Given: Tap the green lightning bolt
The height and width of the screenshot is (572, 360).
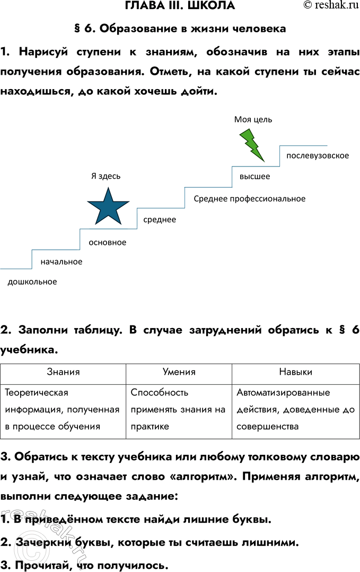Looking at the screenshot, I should pyautogui.click(x=252, y=144).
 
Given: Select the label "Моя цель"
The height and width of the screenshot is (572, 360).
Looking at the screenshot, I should pyautogui.click(x=253, y=119).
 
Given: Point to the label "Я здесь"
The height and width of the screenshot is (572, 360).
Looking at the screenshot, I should pyautogui.click(x=106, y=177).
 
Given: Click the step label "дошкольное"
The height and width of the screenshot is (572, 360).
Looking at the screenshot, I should pyautogui.click(x=32, y=281).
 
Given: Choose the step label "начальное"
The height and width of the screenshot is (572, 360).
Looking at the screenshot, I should pyautogui.click(x=62, y=261).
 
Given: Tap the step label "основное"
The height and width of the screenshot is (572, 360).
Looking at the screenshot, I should pyautogui.click(x=108, y=242).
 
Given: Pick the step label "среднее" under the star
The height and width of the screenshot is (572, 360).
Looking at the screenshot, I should pyautogui.click(x=160, y=219).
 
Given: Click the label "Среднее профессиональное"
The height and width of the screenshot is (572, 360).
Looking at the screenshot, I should pyautogui.click(x=250, y=198).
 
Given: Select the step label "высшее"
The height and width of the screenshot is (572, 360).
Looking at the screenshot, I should pyautogui.click(x=255, y=177).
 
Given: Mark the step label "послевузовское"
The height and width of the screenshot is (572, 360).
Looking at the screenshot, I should pyautogui.click(x=318, y=155).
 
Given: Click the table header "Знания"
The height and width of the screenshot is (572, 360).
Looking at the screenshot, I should pyautogui.click(x=63, y=372).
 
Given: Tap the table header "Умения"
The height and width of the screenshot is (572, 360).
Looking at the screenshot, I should pyautogui.click(x=179, y=372).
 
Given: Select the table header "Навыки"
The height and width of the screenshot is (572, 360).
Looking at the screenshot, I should pyautogui.click(x=296, y=372).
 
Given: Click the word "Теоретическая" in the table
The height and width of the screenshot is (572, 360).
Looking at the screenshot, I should pyautogui.click(x=37, y=393).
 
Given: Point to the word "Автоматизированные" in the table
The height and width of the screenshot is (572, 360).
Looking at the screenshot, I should pyautogui.click(x=284, y=393).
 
